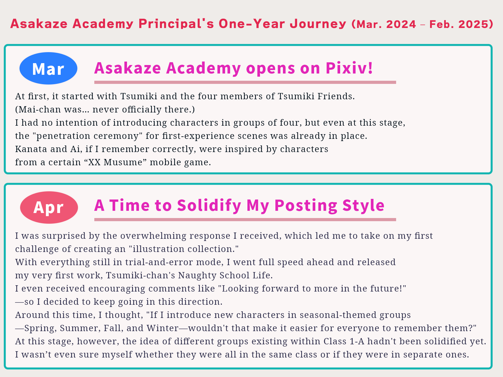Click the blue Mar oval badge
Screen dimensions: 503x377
pyautogui.click(x=48, y=68)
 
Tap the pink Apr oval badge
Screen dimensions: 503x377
pyautogui.click(x=49, y=207)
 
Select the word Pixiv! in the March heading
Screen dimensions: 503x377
pyautogui.click(x=349, y=68)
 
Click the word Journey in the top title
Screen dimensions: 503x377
pyautogui.click(x=318, y=24)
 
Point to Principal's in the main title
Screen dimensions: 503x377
pyautogui.click(x=176, y=24)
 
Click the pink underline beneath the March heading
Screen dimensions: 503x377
pyautogui.click(x=245, y=82)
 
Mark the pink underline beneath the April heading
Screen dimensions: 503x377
pyautogui.click(x=245, y=220)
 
